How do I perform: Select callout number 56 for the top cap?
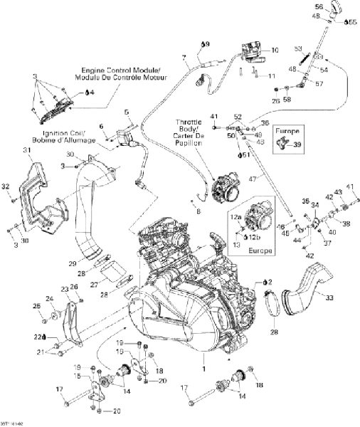(318, 7)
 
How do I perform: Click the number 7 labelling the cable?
(184, 57)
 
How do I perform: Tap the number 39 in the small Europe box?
(297, 144)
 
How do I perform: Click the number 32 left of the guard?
(6, 186)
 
